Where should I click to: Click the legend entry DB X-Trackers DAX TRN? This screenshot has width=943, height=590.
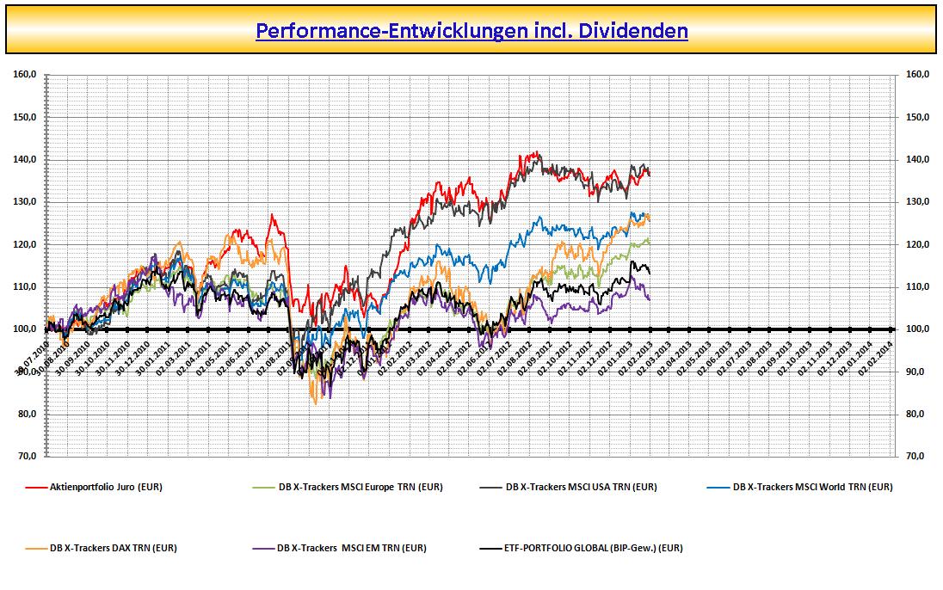(113, 547)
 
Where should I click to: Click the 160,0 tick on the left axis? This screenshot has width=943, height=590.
(25, 75)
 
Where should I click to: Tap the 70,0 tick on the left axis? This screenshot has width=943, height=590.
(27, 457)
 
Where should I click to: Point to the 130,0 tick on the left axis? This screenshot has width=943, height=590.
(25, 202)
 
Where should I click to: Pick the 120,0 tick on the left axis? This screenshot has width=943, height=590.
(25, 244)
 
